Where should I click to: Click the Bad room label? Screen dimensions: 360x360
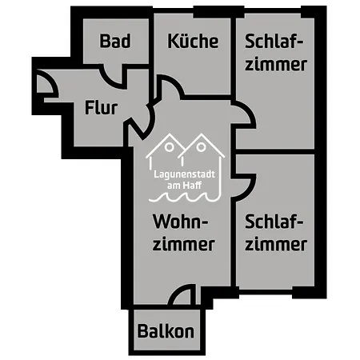tap(115, 41)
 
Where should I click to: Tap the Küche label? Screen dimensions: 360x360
tap(193, 41)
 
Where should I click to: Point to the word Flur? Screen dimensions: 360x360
tap(101, 107)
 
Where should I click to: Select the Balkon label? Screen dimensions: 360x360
tap(166, 331)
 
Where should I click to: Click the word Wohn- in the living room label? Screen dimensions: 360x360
tap(180, 222)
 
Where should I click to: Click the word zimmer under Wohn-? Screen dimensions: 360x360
tap(184, 244)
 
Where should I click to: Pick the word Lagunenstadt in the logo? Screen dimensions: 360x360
tap(184, 174)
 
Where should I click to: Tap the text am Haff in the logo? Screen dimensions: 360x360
tap(184, 186)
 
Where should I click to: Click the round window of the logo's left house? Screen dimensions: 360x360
tap(169, 147)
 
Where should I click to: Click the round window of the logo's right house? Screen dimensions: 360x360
tap(202, 147)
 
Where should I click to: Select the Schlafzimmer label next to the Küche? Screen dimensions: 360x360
tap(276, 53)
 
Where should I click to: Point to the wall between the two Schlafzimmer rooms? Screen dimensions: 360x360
tap(275, 151)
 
